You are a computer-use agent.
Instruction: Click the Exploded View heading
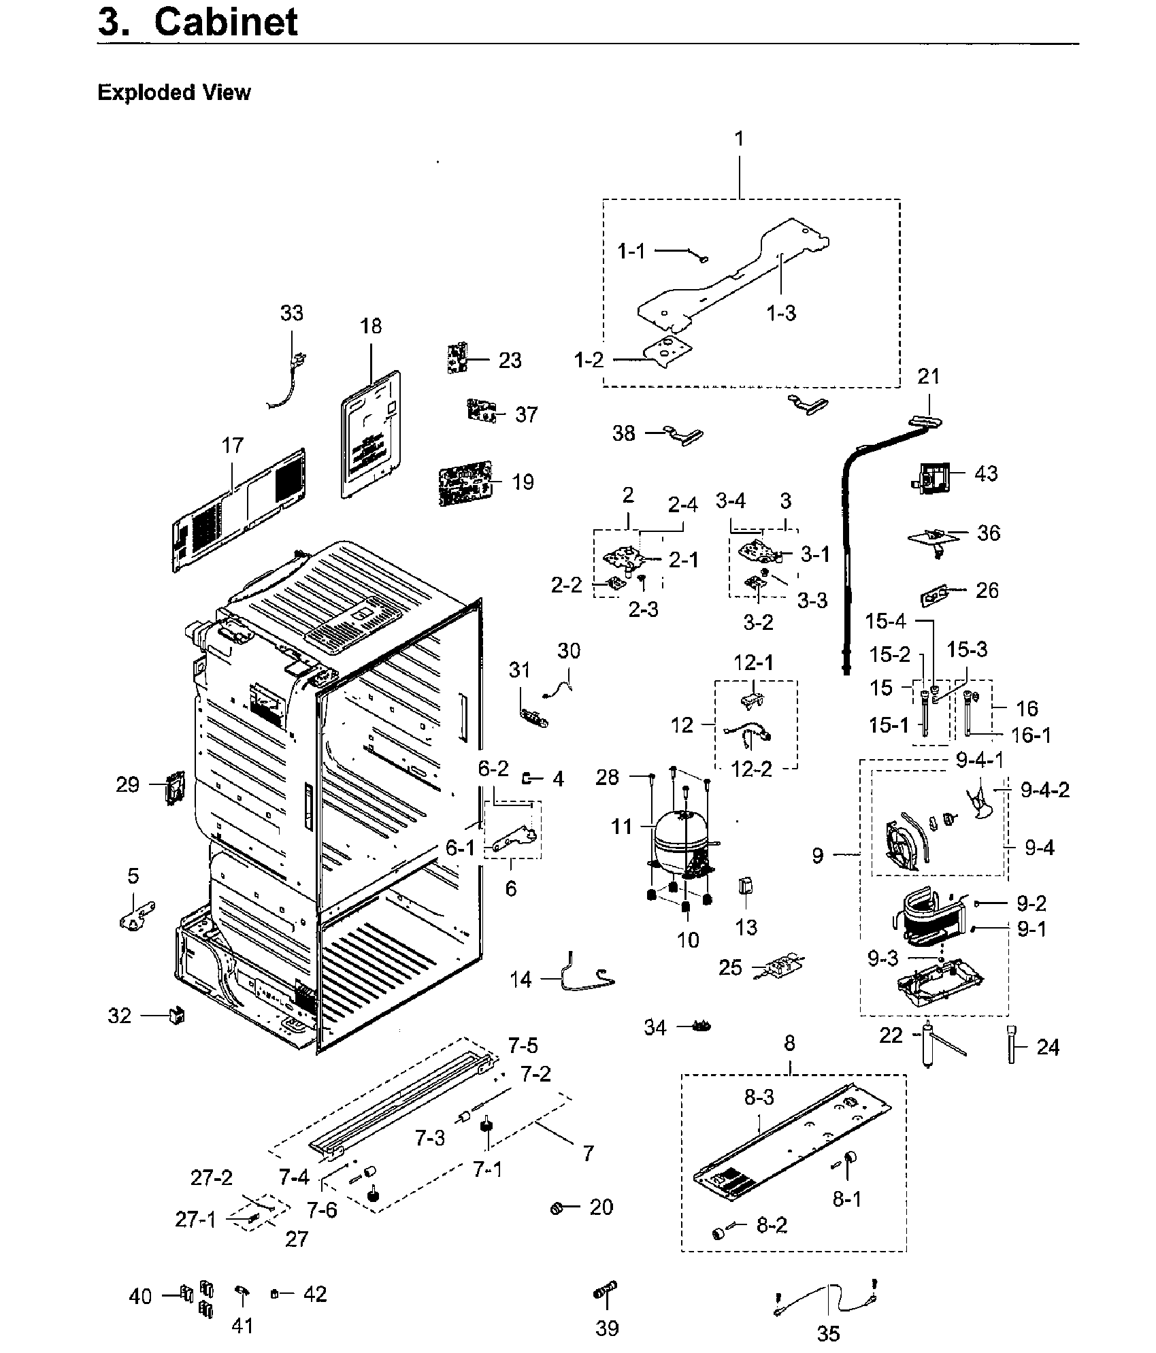pos(174,93)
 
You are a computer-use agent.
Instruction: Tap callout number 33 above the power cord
pos(292,313)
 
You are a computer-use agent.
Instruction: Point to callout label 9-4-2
pos(1044,790)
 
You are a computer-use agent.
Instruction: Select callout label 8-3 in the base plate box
pos(759,1097)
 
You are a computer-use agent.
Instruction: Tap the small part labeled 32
pos(177,1016)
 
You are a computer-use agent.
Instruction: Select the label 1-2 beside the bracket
pos(589,360)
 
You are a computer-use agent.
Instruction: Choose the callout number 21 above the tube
pos(928,376)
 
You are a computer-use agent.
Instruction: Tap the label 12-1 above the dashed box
pos(753,662)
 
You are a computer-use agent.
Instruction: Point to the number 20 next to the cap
pos(601,1206)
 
